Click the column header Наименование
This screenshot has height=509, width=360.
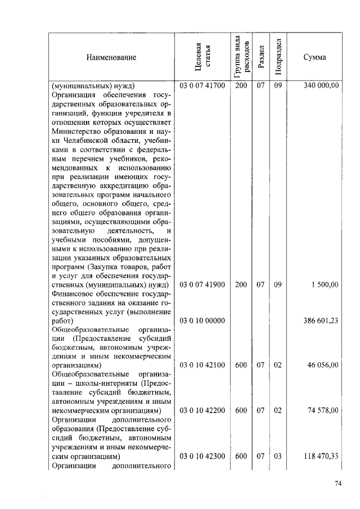111,57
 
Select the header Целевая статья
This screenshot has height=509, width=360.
202,57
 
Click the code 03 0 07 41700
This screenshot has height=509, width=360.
202,86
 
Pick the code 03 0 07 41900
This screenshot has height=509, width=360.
202,285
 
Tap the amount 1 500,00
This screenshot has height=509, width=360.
325,285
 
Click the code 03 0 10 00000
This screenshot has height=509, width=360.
202,321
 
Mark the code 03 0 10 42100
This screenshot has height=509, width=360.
202,365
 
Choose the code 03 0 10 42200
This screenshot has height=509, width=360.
202,411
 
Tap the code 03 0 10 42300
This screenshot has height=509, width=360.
202,456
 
